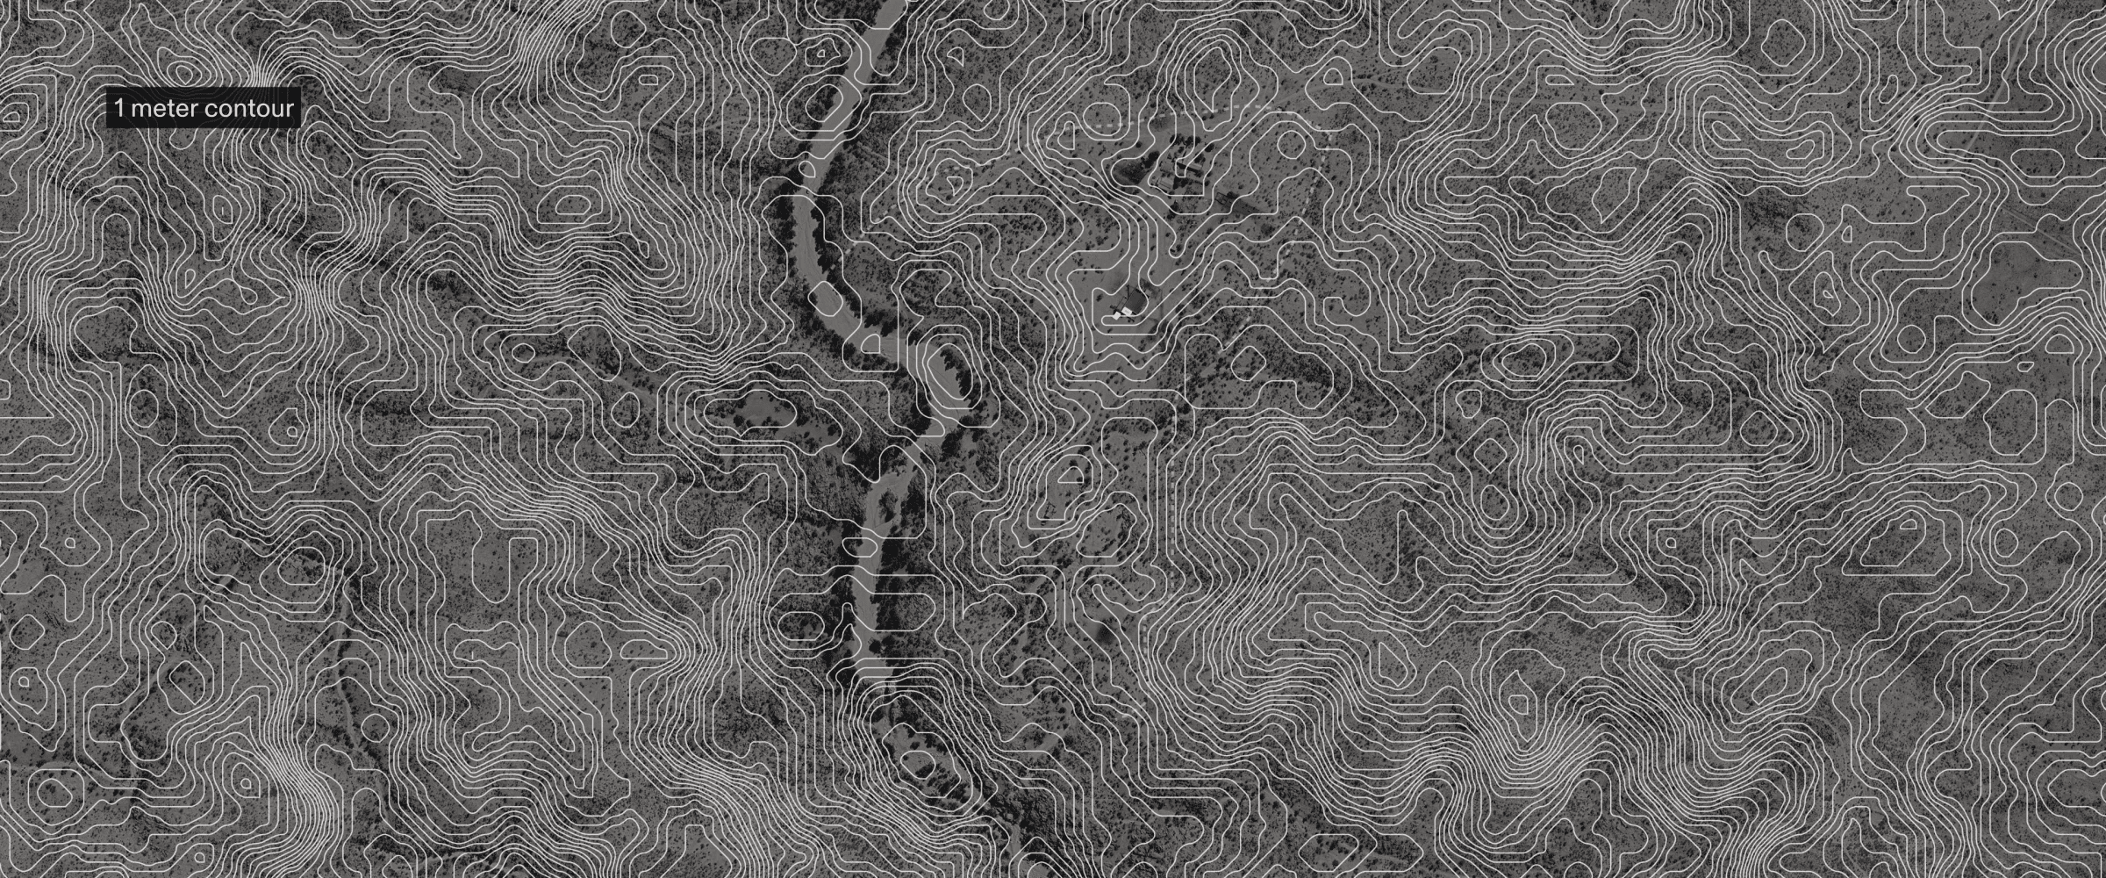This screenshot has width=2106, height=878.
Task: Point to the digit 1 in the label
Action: (x=118, y=110)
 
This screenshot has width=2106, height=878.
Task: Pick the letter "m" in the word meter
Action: (x=138, y=111)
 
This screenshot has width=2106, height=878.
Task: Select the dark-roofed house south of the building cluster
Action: (x=1135, y=303)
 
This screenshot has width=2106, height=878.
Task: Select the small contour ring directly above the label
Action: (x=183, y=68)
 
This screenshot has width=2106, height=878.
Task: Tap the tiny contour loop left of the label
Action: (x=14, y=112)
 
